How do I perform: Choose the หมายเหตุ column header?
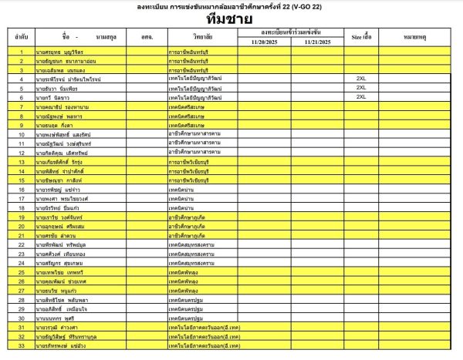417,36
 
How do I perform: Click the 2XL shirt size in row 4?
360,79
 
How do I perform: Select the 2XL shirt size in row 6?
360,97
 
